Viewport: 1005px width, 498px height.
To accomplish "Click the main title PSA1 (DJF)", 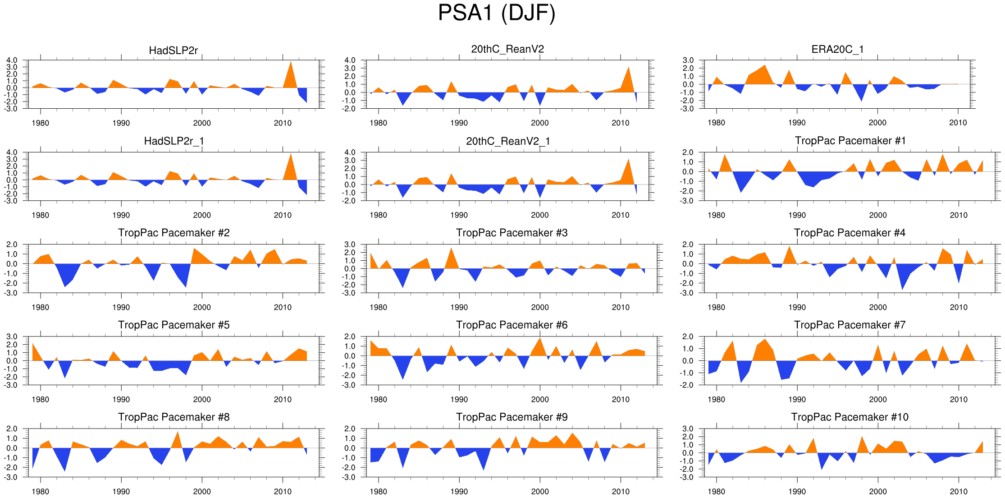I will [497, 13].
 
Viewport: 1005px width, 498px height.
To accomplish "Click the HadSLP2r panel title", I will [173, 51].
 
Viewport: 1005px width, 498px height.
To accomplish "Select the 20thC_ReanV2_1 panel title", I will [508, 141].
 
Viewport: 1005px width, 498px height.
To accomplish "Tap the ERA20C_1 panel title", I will [837, 49].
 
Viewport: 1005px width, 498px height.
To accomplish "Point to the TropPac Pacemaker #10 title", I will [850, 417].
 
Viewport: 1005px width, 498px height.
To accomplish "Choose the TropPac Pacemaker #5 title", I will [174, 325].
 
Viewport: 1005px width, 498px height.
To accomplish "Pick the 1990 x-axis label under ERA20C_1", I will [797, 123].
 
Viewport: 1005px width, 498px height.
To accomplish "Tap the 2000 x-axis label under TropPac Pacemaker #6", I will [540, 399].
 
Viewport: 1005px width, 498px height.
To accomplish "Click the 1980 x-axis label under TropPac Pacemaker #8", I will [41, 491].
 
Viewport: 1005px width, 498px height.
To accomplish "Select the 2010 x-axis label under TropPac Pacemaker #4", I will [959, 307].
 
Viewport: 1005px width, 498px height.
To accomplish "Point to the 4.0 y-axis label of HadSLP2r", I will [12, 60].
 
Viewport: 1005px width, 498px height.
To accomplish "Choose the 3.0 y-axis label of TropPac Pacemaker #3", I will [350, 244].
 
